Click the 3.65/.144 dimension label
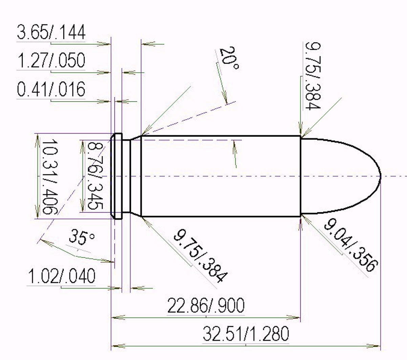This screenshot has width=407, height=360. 51,32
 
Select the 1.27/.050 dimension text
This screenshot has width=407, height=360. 51,60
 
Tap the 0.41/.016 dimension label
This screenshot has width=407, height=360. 51,89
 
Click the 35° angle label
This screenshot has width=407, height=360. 82,237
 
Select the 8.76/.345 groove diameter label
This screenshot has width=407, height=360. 95,176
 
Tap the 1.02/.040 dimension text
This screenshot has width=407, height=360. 62,276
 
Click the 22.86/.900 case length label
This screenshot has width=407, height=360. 206,305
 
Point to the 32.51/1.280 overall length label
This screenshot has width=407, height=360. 246,334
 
